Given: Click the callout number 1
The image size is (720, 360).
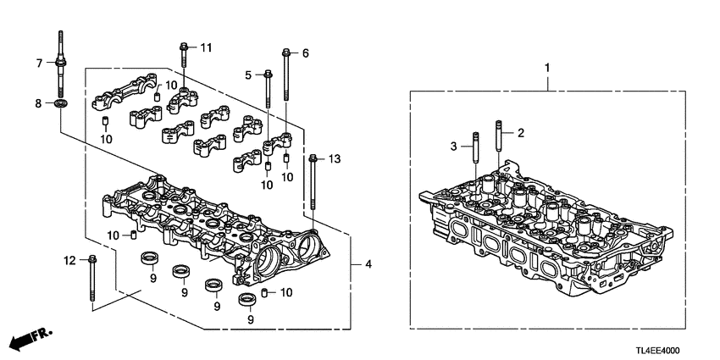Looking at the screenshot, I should [x=546, y=66].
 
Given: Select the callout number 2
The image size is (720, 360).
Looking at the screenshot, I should [x=522, y=133].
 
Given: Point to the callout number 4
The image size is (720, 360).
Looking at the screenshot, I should [x=368, y=265].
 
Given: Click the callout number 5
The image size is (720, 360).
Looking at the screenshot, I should [x=249, y=75].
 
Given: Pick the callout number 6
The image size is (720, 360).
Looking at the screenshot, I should [x=305, y=53].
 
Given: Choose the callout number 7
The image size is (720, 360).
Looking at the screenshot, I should [x=38, y=63].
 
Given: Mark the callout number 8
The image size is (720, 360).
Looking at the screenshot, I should [x=38, y=103].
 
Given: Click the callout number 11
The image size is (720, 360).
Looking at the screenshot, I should [x=205, y=46].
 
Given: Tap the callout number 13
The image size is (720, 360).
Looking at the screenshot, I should [x=334, y=158].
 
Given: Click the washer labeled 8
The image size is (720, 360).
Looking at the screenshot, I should [x=60, y=104].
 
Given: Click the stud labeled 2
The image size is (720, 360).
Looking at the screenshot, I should [x=499, y=146].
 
